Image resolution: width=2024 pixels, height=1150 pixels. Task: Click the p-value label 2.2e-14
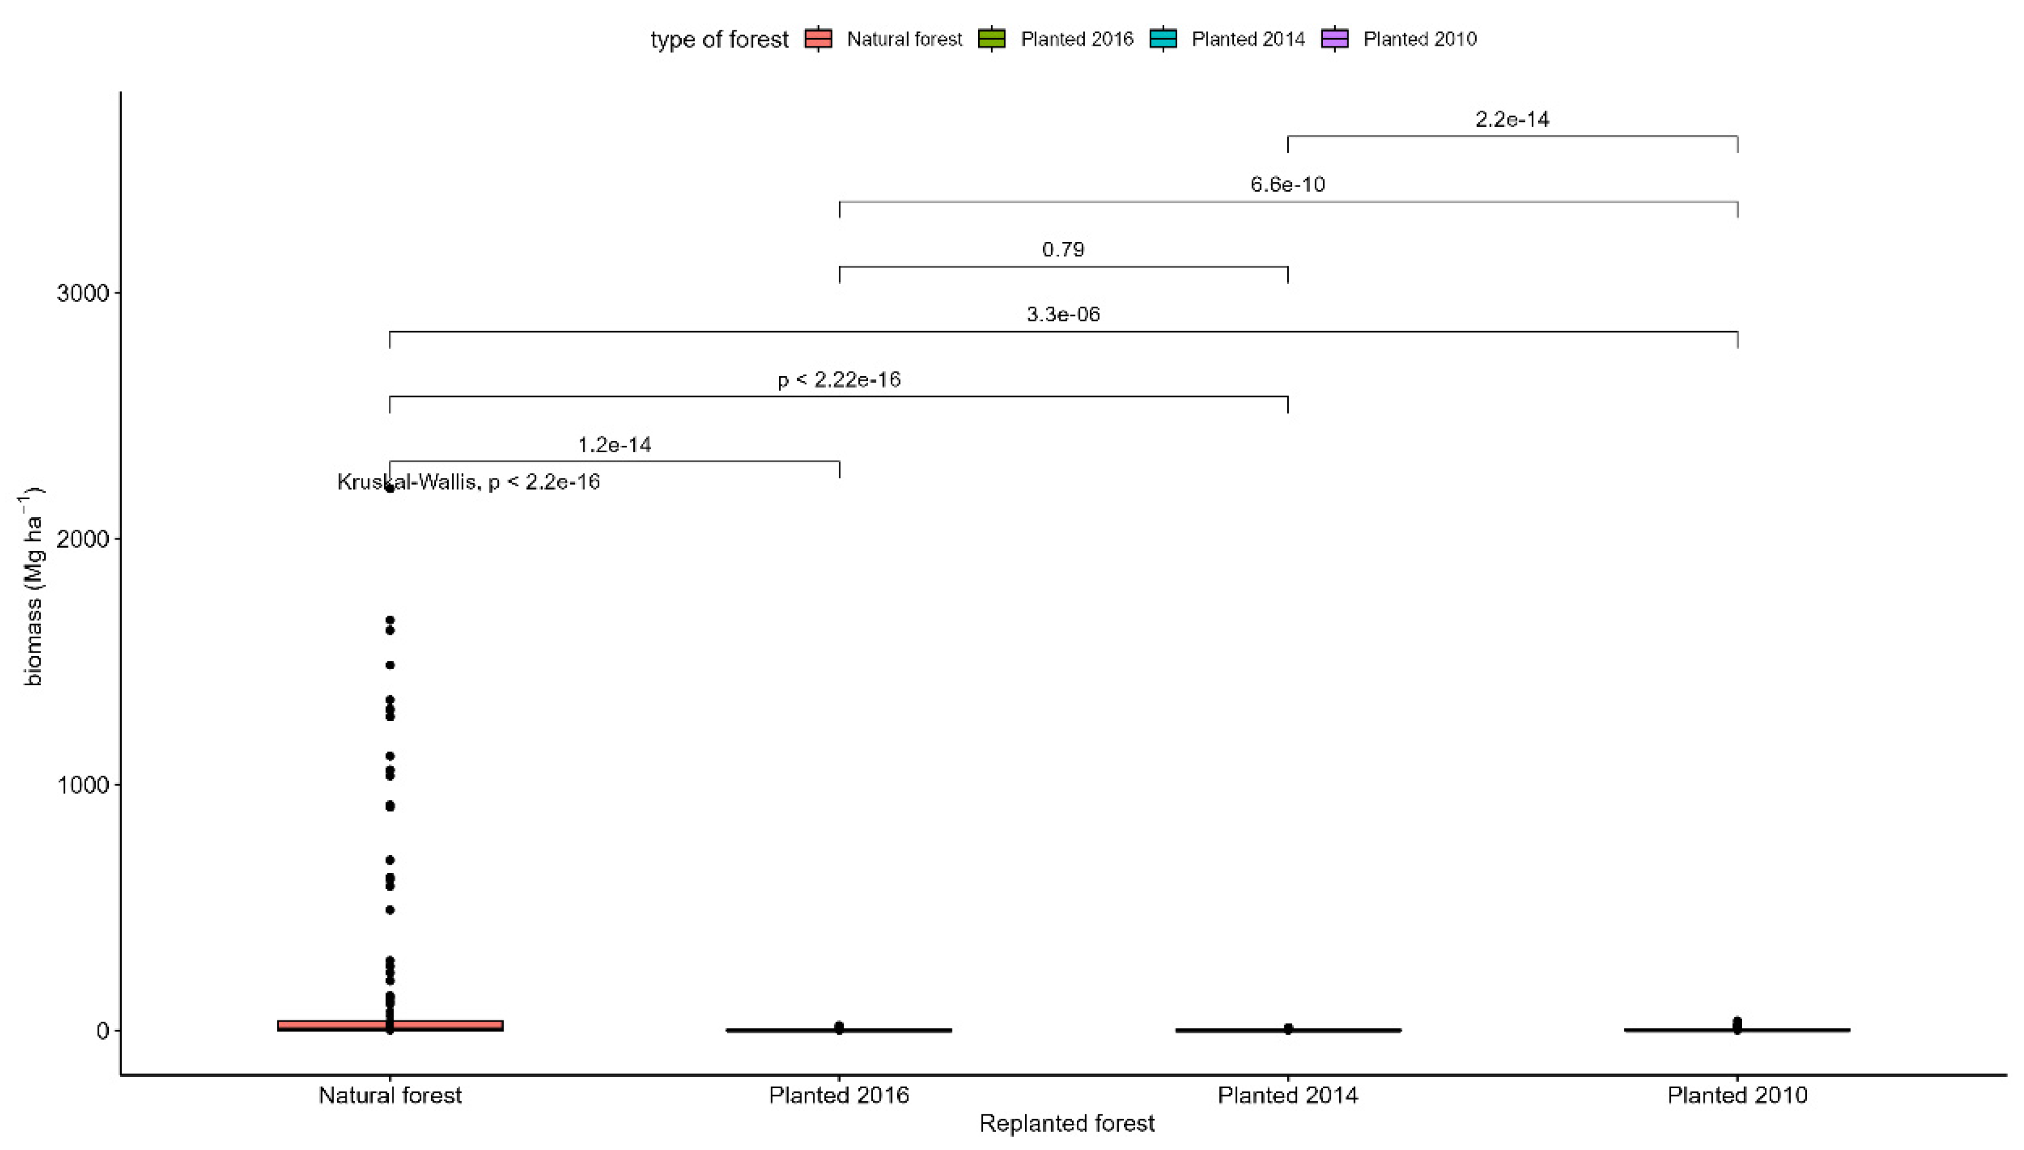[1511, 119]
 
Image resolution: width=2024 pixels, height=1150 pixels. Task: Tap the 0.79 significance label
[1063, 250]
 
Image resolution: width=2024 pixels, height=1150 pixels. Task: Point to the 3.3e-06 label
[1063, 314]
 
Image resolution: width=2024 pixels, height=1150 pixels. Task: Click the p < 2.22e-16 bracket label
[838, 380]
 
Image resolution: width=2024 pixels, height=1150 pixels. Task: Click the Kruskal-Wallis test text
[469, 482]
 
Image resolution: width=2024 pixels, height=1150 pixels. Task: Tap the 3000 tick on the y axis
[82, 293]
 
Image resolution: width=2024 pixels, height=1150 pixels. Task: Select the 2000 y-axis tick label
[82, 538]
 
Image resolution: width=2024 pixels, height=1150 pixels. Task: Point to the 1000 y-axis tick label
[82, 784]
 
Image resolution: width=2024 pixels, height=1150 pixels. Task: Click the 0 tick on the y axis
[102, 1031]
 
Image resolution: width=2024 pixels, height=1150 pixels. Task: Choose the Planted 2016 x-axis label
[838, 1095]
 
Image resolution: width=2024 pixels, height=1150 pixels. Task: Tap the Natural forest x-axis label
[389, 1095]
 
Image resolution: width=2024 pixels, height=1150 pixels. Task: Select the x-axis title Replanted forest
[1067, 1124]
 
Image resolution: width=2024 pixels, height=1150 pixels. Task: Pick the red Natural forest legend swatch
[818, 39]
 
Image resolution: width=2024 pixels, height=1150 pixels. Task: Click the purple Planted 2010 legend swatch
[1335, 39]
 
